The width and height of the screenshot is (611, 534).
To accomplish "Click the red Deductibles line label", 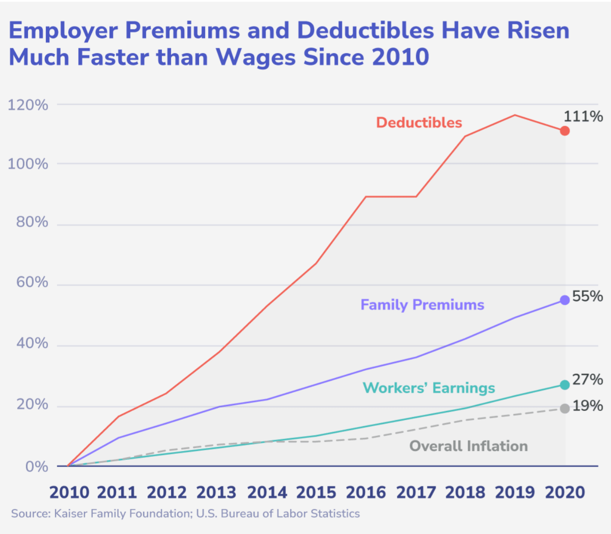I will (x=419, y=123).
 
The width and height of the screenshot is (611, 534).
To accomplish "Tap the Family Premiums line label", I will (x=422, y=305).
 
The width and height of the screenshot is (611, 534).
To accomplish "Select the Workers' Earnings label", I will (x=429, y=388).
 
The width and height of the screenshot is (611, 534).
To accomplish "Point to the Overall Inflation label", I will (x=468, y=446).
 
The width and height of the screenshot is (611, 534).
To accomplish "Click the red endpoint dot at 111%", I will (x=565, y=131).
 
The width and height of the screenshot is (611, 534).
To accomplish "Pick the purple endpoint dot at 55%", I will (x=565, y=300).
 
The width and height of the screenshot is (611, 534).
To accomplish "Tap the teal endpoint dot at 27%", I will (x=565, y=385).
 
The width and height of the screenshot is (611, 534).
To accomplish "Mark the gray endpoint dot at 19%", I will (x=565, y=408).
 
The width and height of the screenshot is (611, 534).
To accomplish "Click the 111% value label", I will (x=583, y=116).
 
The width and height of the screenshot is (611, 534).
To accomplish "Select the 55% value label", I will (x=587, y=296).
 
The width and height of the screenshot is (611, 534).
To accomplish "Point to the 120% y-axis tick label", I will (x=28, y=105).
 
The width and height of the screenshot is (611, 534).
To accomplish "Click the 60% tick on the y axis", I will (x=32, y=282).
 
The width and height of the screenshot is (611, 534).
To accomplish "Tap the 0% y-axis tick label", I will (x=37, y=467).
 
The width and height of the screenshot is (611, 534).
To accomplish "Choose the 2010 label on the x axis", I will (x=69, y=492).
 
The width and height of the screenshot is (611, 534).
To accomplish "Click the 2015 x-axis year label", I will (x=316, y=492).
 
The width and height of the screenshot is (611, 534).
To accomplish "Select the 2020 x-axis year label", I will (x=565, y=492).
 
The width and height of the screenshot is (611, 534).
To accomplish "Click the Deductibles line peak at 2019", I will (x=515, y=115).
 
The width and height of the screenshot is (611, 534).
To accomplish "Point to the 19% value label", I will (x=587, y=406).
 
